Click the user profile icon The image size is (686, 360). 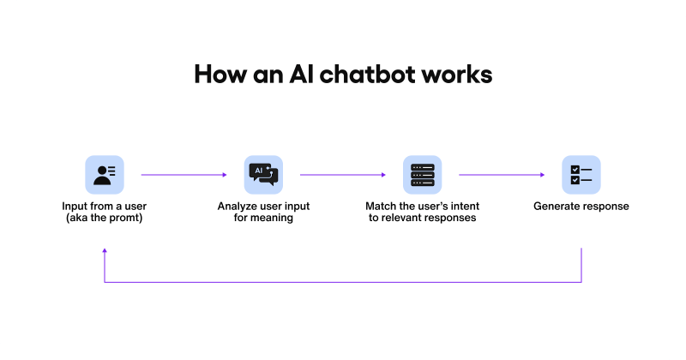pos(105,175)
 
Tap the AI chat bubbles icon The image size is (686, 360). pos(263,175)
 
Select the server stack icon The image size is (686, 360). pos(422,175)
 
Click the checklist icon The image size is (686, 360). pos(581,175)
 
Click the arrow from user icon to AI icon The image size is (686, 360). pos(184,175)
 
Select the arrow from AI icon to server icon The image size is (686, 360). pos(342,175)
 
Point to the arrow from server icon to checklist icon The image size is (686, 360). pos(502,175)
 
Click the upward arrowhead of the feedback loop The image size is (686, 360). pos(105,250)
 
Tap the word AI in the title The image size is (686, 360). pos(302,75)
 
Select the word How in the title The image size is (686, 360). pos(220,75)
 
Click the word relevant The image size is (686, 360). pos(402,218)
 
